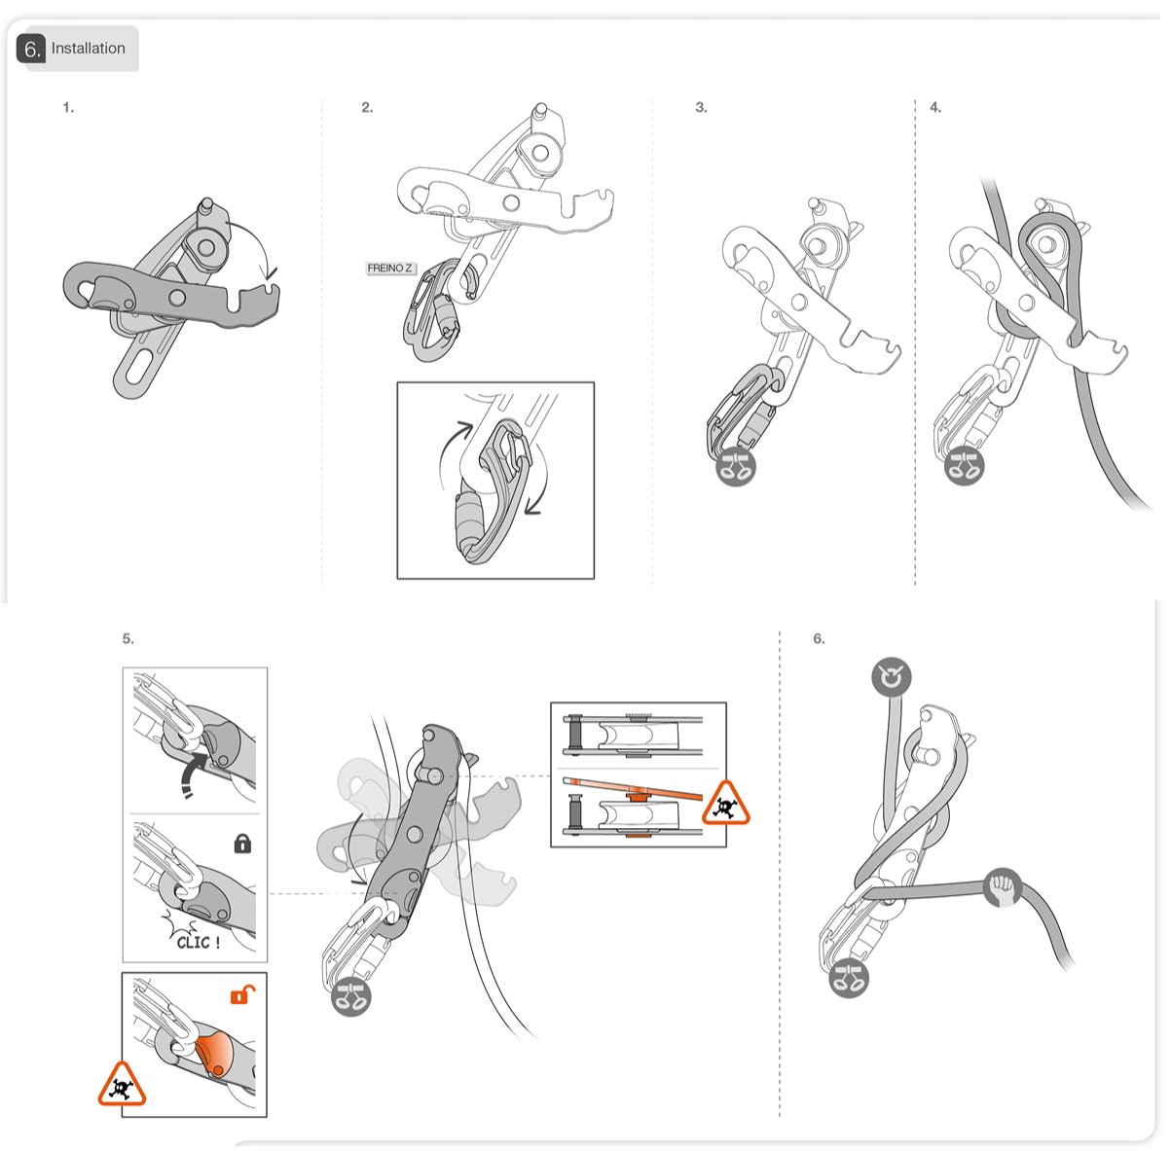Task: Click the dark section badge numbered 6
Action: [31, 49]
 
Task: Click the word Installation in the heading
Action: [88, 49]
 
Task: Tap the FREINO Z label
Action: [390, 269]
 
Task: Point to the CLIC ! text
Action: [198, 941]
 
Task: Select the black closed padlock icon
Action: [242, 844]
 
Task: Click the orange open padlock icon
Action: [242, 994]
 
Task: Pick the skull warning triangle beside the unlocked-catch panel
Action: [122, 1086]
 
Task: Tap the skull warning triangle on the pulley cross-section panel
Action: [724, 804]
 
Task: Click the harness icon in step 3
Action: [735, 467]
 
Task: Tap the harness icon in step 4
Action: [965, 466]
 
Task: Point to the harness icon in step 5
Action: [351, 996]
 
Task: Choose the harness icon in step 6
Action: [848, 977]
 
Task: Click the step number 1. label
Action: [68, 108]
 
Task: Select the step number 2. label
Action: [367, 108]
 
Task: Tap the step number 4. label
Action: [935, 108]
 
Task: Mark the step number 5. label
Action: [128, 639]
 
